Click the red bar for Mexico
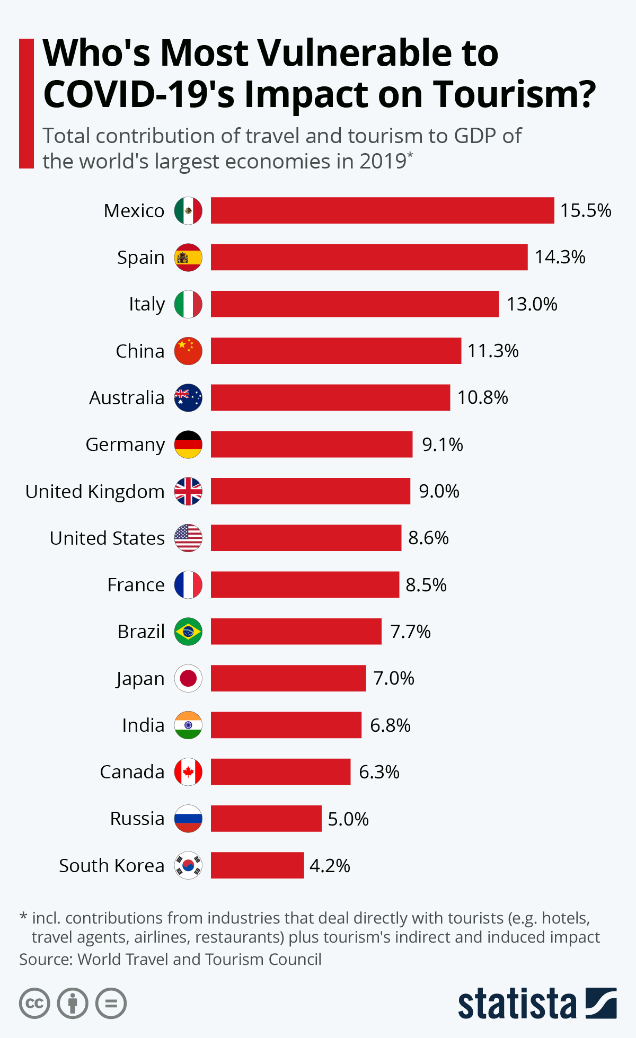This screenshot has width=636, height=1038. click(x=382, y=210)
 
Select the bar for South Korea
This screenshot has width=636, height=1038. click(x=257, y=865)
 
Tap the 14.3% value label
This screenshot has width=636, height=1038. click(x=560, y=257)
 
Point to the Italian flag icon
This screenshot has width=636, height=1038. click(x=188, y=304)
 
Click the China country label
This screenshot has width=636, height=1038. click(x=140, y=351)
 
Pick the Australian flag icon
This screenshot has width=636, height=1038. click(x=188, y=397)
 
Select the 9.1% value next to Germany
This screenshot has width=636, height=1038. click(x=442, y=445)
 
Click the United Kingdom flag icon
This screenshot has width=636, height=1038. click(x=188, y=491)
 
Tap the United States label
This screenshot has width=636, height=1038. click(x=107, y=538)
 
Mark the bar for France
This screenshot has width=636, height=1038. click(x=305, y=584)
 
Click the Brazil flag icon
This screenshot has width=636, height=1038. click(x=188, y=632)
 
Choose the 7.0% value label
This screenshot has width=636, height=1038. click(x=393, y=678)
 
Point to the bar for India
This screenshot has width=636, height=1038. click(x=286, y=725)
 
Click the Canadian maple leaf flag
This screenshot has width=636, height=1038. click(x=188, y=772)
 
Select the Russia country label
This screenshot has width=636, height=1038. click(x=137, y=819)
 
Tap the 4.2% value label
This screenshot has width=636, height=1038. click(x=330, y=866)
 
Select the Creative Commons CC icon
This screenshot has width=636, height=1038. click(x=34, y=1004)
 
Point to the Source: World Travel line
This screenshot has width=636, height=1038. click(x=170, y=960)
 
